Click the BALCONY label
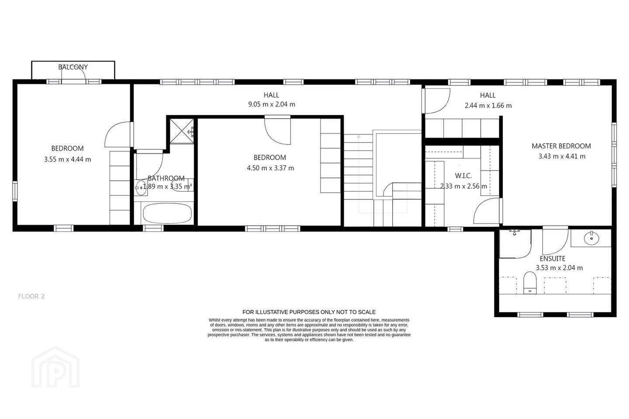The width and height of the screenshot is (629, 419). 73,67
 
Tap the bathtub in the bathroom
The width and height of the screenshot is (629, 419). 167,213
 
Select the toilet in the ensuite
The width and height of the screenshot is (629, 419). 530,283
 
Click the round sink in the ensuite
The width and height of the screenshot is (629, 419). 591,238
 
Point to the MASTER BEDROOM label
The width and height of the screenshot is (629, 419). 561,146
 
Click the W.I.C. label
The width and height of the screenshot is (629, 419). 463,176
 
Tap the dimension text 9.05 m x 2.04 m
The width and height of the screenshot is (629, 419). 272,104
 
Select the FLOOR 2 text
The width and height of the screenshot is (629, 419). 31,296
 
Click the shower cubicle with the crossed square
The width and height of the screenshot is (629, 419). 182,131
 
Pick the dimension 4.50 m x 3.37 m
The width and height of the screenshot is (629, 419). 270,168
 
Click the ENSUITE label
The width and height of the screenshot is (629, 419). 553,258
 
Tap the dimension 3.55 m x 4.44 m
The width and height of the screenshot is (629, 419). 67,159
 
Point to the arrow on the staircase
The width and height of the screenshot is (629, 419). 359,174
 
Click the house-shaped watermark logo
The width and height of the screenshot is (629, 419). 55,367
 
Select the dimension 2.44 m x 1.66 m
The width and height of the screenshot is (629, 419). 488,106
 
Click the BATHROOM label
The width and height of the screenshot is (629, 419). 166,178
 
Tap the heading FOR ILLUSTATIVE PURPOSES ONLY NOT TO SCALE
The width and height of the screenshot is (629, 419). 309,312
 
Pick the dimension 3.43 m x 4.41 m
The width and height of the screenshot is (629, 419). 562,156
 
